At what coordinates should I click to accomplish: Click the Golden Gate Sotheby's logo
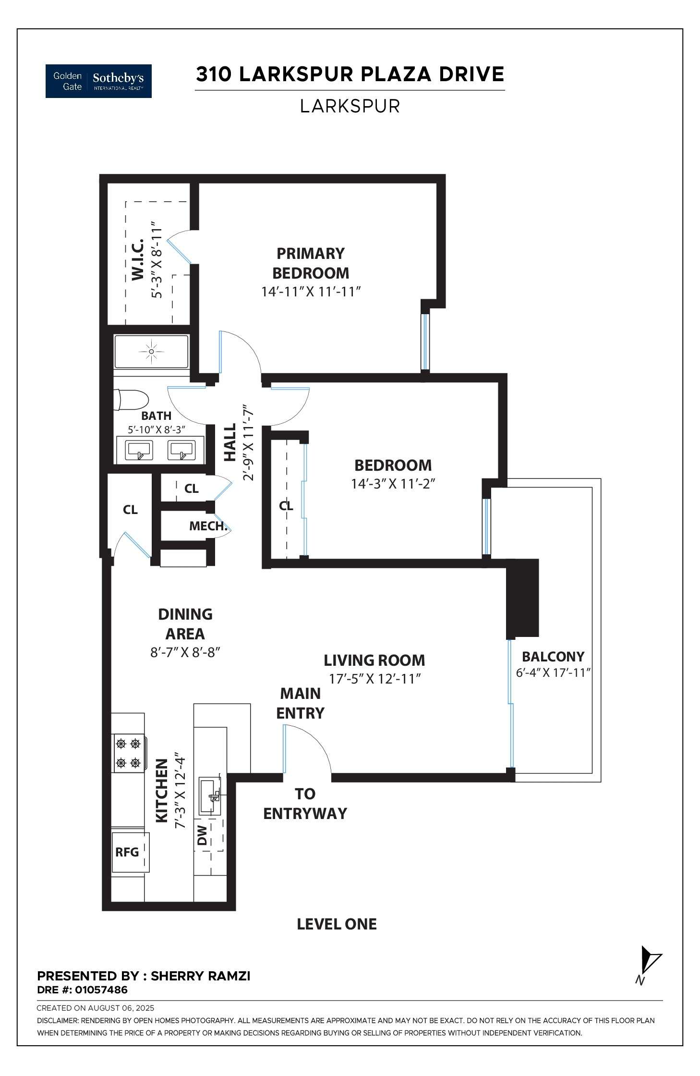(98, 81)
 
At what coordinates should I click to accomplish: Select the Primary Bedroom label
(310, 263)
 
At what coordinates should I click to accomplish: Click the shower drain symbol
(151, 352)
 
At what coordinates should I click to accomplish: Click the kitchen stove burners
(128, 753)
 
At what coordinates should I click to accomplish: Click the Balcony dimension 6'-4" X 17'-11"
(553, 673)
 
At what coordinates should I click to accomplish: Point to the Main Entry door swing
(307, 747)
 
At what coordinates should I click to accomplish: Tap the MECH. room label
(207, 526)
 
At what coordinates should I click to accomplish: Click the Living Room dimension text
(374, 679)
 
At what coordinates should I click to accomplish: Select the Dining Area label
(185, 624)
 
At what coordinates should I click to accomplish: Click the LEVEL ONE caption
(337, 924)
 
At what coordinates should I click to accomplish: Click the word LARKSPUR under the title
(350, 106)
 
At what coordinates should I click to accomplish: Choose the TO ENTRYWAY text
(305, 804)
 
